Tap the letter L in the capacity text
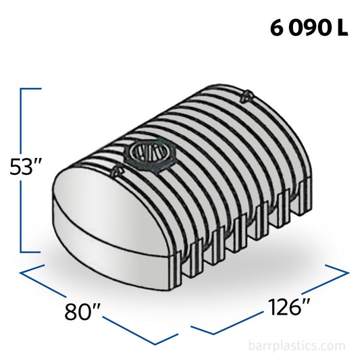(x=343, y=30)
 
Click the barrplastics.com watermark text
(x=300, y=346)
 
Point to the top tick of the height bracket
(x=31, y=88)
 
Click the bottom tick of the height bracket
(x=31, y=252)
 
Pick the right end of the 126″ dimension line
(x=347, y=272)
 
